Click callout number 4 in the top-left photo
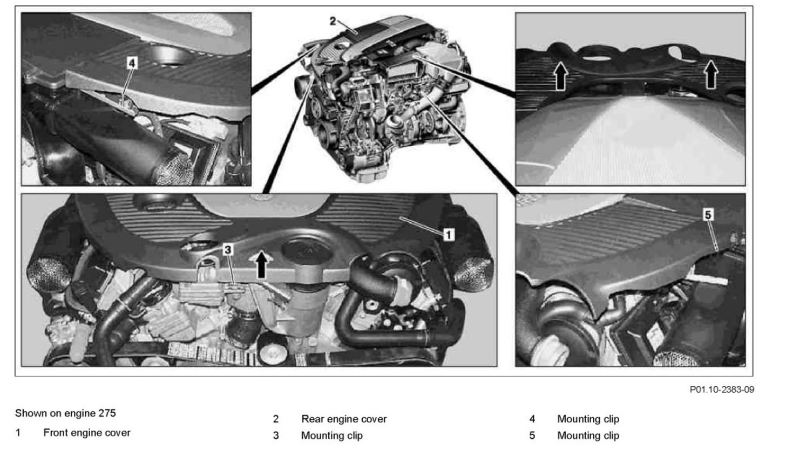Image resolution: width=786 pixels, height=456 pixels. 132,63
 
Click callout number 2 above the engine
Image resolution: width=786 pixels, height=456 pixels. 333,22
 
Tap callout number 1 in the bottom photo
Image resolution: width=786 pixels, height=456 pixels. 449,235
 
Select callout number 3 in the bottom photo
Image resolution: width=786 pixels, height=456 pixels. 228,250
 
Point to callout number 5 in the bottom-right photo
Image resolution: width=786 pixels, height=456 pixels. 708,215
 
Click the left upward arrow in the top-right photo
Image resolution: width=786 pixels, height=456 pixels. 560,76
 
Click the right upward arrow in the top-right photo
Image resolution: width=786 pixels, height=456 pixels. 711,74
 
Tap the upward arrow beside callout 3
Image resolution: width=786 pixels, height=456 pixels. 261,264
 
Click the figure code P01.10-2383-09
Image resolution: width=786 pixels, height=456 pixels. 722,390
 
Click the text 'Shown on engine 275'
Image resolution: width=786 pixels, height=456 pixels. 65,413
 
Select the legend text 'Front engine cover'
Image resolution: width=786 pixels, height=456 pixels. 87,433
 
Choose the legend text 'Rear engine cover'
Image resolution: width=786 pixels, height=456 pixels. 344,419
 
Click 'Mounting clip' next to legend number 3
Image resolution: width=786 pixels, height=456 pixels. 331,435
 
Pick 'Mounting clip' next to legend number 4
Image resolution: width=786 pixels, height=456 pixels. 588,419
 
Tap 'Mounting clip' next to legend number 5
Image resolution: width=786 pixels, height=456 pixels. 588,435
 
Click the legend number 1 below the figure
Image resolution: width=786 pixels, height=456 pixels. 17,433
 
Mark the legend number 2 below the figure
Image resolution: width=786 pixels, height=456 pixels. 276,419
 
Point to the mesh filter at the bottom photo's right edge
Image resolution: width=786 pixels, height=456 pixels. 473,274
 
